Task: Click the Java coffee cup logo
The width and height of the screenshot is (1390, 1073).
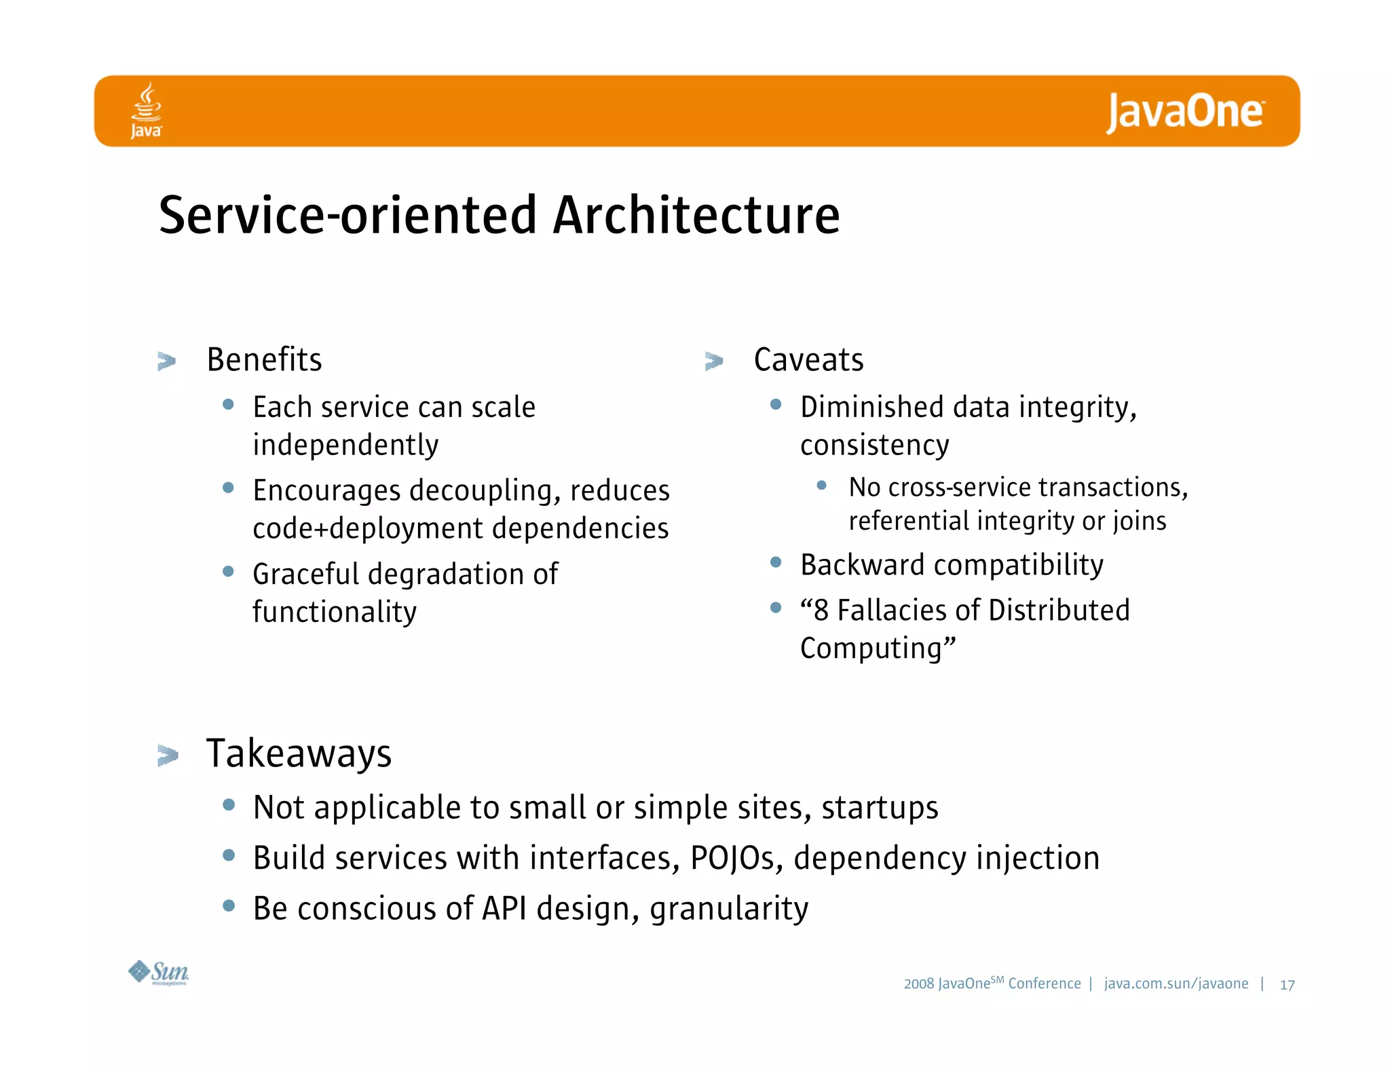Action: [146, 110]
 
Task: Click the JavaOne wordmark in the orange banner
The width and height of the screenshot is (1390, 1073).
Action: [1184, 112]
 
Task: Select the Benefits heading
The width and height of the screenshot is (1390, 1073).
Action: [264, 359]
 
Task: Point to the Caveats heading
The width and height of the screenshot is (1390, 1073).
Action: [808, 359]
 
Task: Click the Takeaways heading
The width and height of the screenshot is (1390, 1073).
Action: [299, 754]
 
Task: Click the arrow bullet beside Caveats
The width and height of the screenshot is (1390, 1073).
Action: [714, 361]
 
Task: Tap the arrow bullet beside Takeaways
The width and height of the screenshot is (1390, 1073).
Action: [167, 755]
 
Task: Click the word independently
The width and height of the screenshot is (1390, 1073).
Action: [345, 446]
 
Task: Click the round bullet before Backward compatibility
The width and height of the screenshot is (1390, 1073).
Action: [776, 562]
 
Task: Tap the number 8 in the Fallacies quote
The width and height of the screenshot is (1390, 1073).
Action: [821, 610]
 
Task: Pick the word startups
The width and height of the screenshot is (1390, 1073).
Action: [880, 808]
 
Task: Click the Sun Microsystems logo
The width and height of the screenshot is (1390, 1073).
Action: [159, 973]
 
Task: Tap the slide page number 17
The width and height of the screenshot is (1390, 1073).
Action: [1287, 985]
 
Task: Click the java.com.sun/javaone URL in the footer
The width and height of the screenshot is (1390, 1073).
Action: [1176, 983]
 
